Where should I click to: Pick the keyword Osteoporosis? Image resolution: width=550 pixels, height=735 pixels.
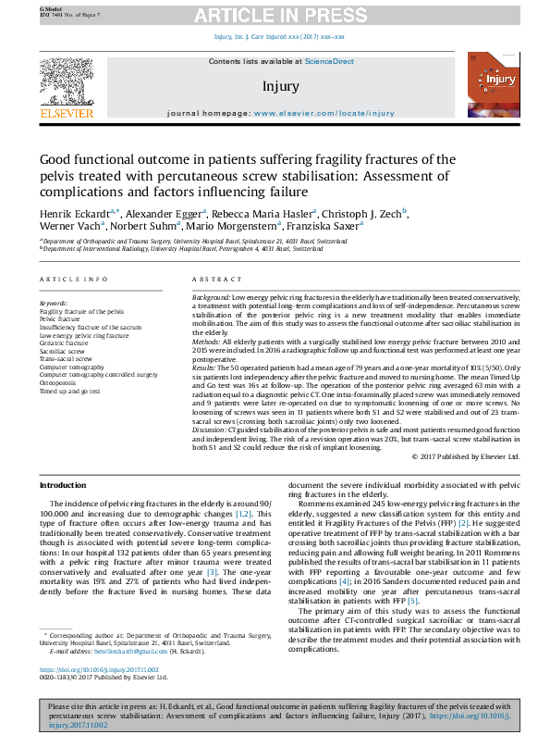pyautogui.click(x=57, y=381)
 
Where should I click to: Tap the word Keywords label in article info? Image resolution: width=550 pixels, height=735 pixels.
pyautogui.click(x=53, y=303)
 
